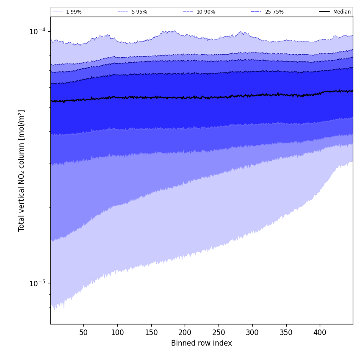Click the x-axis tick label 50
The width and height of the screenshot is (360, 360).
click(x=83, y=333)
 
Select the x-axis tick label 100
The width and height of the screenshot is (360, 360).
click(x=117, y=333)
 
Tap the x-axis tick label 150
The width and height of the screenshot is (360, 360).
click(x=151, y=333)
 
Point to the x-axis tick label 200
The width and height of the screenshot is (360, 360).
click(x=185, y=333)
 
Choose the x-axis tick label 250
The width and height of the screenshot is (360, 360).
click(x=219, y=333)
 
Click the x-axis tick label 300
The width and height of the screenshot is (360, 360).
click(x=252, y=333)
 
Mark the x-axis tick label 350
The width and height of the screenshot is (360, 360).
click(x=286, y=333)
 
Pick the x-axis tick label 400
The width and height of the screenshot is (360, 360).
click(x=320, y=333)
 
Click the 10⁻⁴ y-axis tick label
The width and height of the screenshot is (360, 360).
click(x=37, y=31)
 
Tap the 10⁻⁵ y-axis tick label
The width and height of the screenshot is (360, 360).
click(x=37, y=283)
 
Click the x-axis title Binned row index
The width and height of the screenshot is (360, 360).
click(x=202, y=343)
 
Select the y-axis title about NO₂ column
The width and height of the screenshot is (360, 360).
click(x=22, y=171)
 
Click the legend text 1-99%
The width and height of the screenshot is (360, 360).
click(x=74, y=12)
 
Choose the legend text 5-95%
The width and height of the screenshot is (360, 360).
click(x=139, y=12)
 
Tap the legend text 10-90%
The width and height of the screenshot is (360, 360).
click(x=206, y=12)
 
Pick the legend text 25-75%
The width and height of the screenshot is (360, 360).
click(x=274, y=12)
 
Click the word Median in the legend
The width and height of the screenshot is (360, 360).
click(x=342, y=12)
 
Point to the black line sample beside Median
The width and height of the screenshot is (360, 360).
click(x=324, y=12)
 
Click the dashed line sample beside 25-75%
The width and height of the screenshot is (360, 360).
click(x=256, y=12)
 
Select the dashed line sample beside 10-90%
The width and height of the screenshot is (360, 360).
click(x=188, y=12)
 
